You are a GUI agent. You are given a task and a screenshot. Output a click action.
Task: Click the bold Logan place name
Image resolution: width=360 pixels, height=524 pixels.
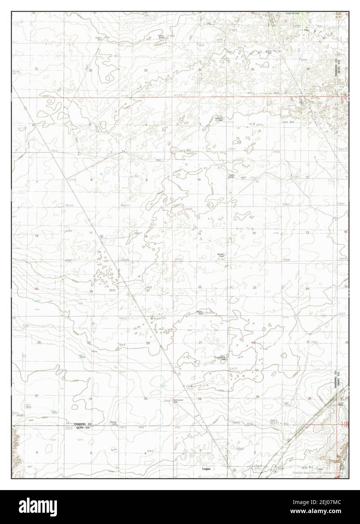tap(206, 469)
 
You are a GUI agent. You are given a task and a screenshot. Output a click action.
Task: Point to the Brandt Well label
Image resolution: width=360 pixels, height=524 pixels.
tap(221, 255)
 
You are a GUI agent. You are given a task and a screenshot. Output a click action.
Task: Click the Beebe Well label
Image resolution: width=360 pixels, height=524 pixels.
tap(200, 313)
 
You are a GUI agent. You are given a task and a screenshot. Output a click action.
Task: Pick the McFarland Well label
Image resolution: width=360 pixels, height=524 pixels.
tap(178, 400)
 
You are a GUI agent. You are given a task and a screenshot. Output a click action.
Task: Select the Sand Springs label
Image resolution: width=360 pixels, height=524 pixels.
tap(292, 14)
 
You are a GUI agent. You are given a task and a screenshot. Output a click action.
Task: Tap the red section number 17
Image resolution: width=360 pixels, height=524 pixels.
tap(91, 233)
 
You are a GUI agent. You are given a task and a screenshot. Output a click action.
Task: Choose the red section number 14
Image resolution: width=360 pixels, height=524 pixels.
tap(254, 233)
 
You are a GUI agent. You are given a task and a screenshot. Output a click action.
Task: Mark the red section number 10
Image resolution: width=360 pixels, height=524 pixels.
tap(199, 179)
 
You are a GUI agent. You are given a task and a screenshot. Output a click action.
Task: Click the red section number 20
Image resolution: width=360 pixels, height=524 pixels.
tap(91, 291)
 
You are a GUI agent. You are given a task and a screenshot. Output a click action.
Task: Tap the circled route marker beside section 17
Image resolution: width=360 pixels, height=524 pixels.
tap(101, 236)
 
